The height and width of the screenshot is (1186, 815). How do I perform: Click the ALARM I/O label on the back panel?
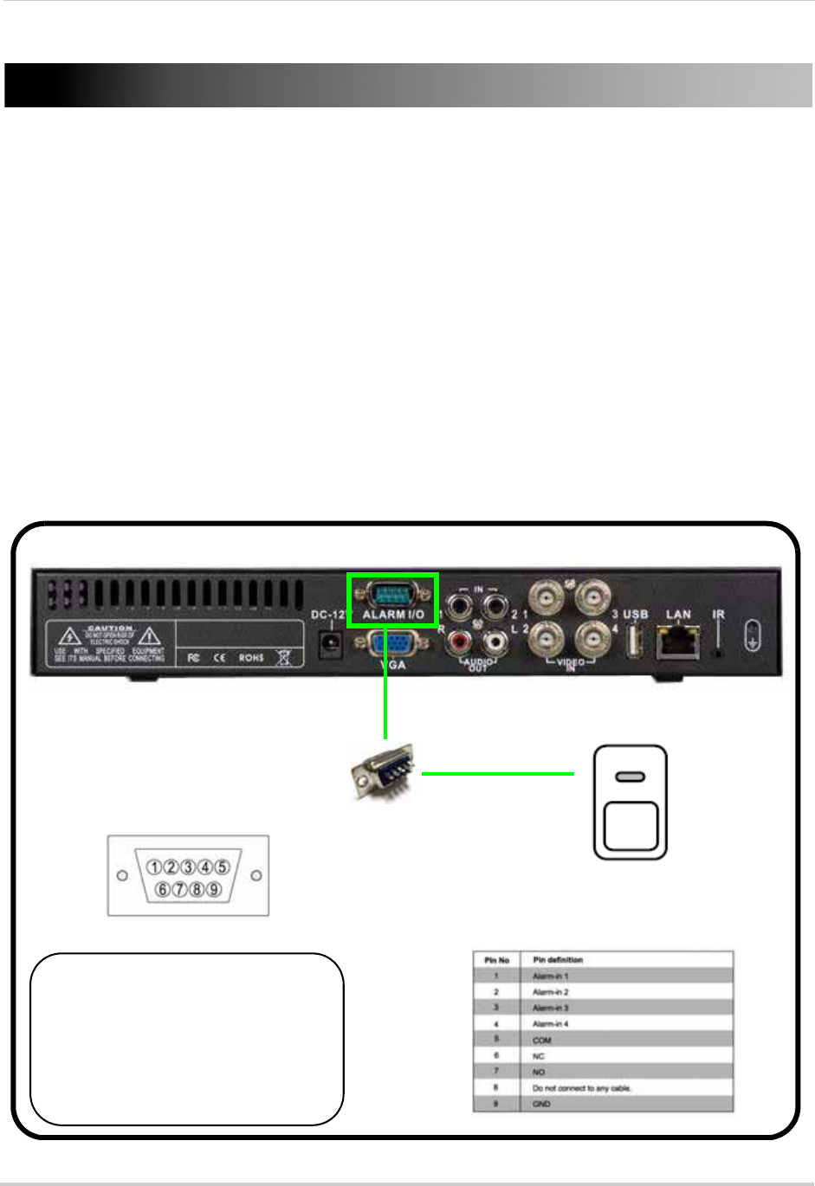(393, 615)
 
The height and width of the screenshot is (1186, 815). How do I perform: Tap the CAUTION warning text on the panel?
(110, 628)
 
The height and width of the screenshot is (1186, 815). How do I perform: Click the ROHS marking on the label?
(251, 658)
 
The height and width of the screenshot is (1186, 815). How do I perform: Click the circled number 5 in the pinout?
(223, 867)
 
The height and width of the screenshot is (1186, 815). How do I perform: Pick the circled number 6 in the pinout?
(163, 889)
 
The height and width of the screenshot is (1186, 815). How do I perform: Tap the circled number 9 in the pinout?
(214, 889)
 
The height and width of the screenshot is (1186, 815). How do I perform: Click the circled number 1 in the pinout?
(154, 867)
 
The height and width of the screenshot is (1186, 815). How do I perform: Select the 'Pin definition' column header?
(558, 960)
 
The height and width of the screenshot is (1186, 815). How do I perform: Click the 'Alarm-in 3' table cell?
(551, 1008)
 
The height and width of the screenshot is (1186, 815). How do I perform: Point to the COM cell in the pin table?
(542, 1040)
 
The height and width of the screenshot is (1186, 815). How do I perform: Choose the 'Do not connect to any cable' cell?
(582, 1088)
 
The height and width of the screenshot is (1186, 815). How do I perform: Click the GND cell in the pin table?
(541, 1104)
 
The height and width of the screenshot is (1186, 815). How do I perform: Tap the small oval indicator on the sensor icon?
(630, 777)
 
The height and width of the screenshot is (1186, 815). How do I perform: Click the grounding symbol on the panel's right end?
(753, 639)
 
